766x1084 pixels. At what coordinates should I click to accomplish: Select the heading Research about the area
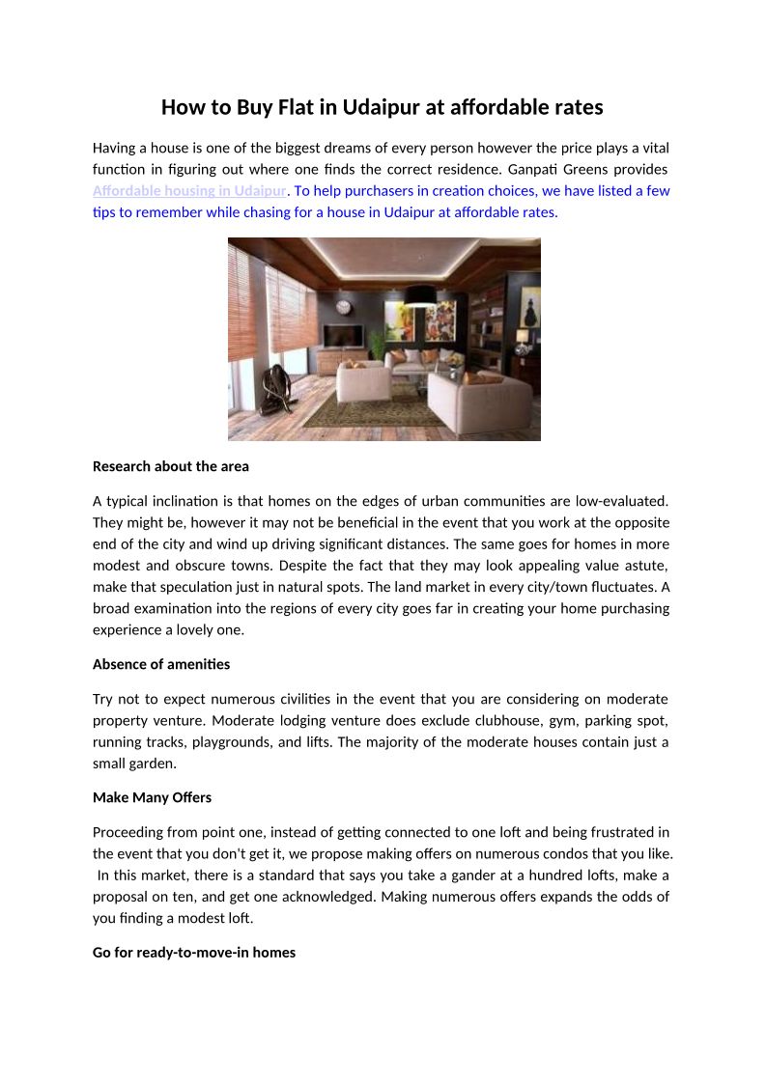[171, 466]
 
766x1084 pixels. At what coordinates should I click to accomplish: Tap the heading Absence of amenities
[161, 664]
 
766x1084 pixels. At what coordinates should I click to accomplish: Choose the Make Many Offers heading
[152, 797]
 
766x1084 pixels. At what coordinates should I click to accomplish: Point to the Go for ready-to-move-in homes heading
[194, 953]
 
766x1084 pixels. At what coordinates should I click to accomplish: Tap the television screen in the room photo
[344, 336]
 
